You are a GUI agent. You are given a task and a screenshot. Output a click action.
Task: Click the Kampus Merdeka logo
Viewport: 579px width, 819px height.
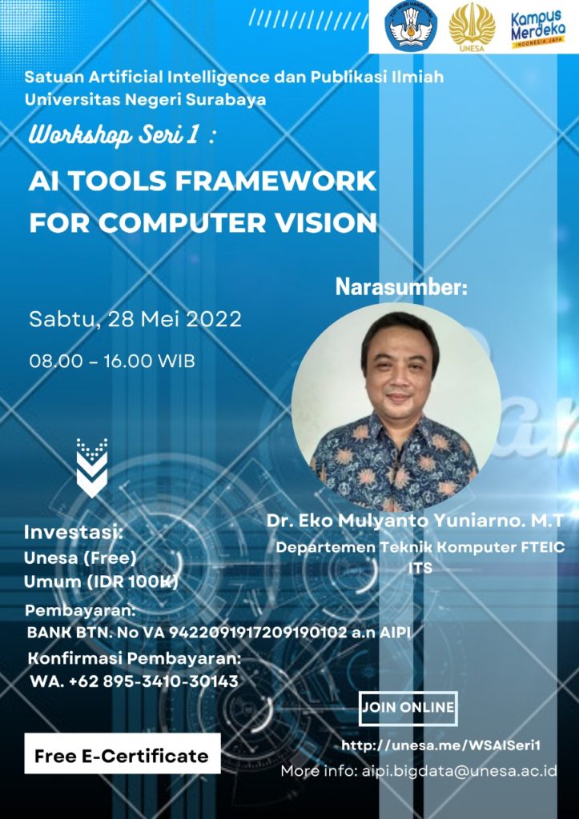click(539, 29)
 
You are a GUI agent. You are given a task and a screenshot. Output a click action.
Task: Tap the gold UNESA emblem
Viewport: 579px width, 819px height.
click(472, 27)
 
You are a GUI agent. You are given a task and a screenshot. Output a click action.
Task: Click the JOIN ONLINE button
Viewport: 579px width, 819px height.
click(408, 708)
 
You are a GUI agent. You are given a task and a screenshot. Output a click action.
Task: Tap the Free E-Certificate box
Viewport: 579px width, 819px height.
click(121, 756)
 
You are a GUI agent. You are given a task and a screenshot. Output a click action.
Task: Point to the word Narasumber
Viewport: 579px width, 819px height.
click(401, 287)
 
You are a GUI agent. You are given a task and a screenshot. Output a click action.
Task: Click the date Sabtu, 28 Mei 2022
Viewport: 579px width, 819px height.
click(135, 319)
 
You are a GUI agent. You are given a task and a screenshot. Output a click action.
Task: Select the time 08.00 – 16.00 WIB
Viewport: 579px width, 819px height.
click(112, 361)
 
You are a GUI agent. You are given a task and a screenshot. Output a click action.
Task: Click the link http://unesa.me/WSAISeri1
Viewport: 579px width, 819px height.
click(441, 745)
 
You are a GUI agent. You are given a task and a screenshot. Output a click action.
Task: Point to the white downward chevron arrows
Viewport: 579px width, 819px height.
click(92, 468)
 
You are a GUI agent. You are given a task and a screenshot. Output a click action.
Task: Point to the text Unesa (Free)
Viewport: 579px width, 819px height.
click(80, 557)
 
